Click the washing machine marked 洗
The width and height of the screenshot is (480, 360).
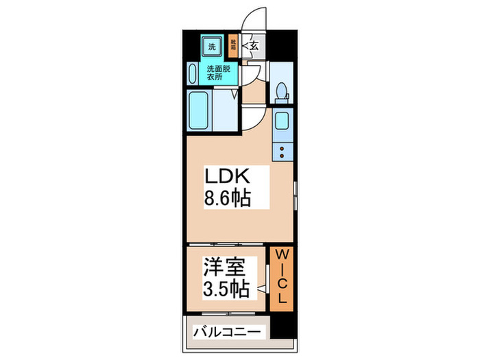pyautogui.click(x=211, y=48)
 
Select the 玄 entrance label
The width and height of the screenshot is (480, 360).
pyautogui.click(x=253, y=47)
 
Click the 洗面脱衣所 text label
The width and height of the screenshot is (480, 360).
pyautogui.click(x=218, y=73)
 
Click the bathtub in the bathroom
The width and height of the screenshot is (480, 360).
pyautogui.click(x=200, y=111)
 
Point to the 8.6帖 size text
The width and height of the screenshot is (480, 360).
pyautogui.click(x=226, y=199)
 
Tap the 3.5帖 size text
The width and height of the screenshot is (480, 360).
pyautogui.click(x=225, y=289)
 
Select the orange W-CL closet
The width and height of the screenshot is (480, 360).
pyautogui.click(x=281, y=278)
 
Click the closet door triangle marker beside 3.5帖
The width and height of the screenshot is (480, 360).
pyautogui.click(x=263, y=290)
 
